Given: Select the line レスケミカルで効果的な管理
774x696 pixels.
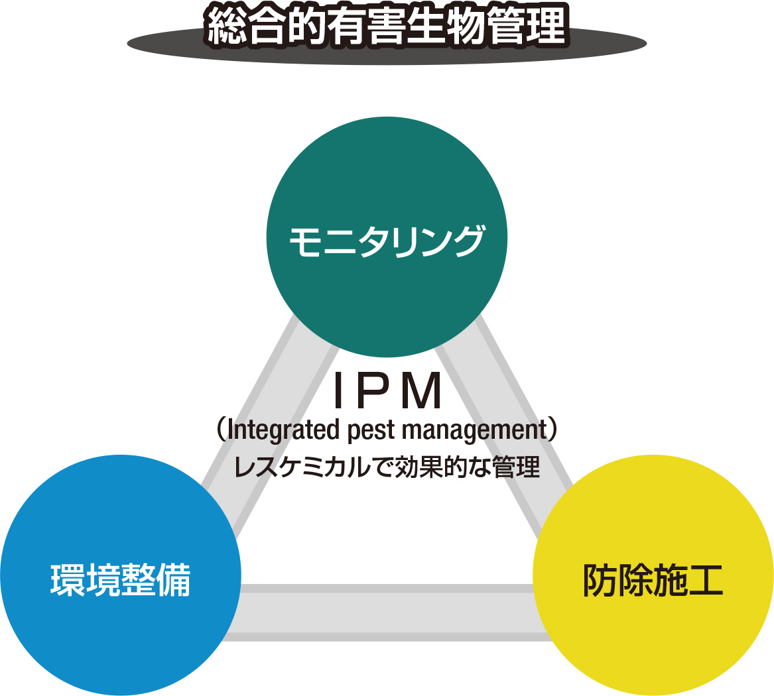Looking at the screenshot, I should pyautogui.click(x=387, y=468).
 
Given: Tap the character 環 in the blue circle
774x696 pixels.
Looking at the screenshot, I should pyautogui.click(x=67, y=580).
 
